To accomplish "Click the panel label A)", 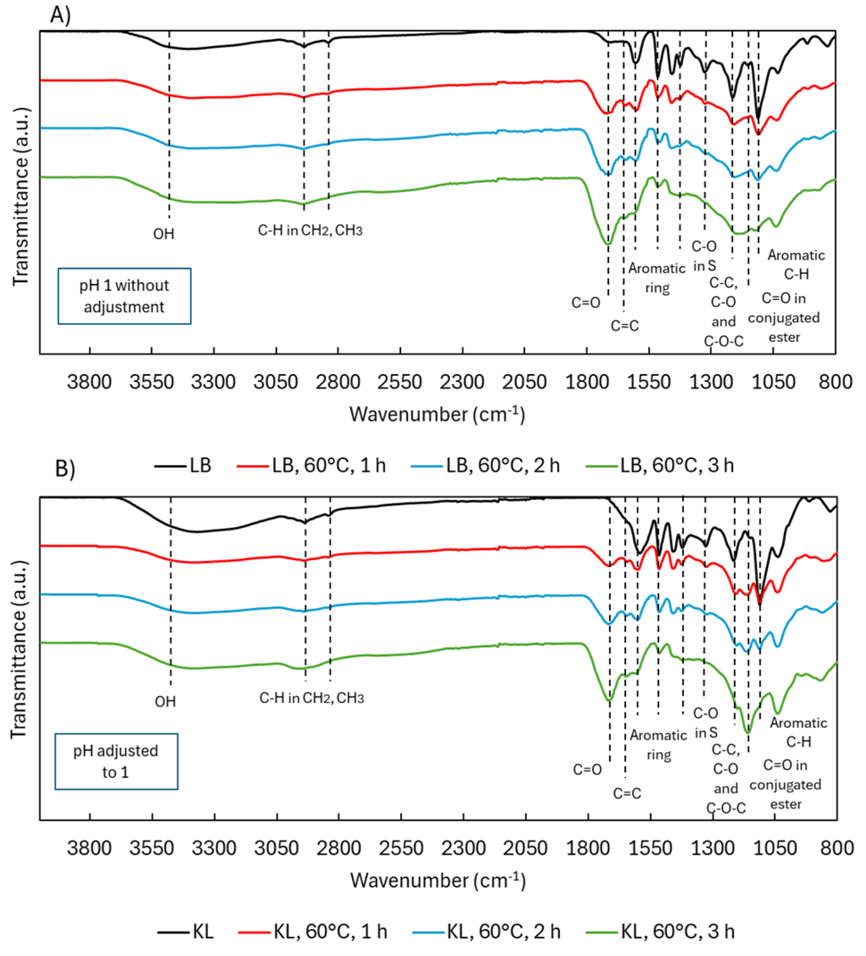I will [60, 15].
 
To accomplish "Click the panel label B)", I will [65, 469].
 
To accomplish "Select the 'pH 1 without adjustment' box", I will [124, 296].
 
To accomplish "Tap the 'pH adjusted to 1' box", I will [116, 762].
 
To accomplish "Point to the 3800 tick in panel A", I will [89, 382].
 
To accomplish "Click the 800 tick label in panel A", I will [835, 382].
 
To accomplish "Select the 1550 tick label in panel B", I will [650, 848].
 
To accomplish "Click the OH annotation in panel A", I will [163, 234].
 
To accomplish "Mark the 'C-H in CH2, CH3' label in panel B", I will [311, 698].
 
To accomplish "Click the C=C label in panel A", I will [624, 326].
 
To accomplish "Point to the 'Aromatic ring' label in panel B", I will [659, 745].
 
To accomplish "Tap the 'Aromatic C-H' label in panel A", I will [796, 264].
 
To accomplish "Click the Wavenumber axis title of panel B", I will [437, 880].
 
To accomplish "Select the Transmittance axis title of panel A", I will [20, 197].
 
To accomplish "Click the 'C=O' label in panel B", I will [587, 770].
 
